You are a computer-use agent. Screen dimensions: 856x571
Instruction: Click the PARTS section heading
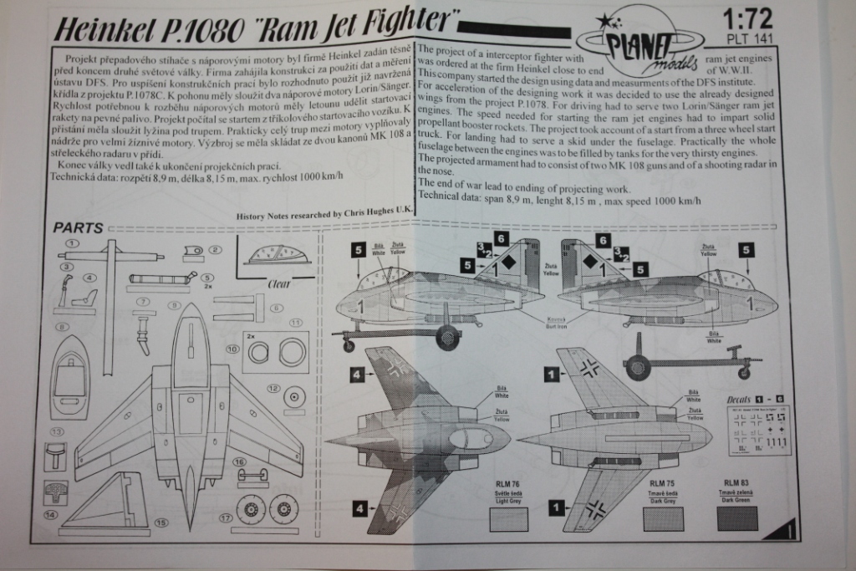[x=79, y=228]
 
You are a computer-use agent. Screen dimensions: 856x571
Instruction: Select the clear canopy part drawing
[x=277, y=254]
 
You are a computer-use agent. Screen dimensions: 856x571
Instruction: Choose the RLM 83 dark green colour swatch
[x=737, y=518]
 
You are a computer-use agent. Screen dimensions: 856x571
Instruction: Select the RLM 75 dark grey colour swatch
[x=663, y=519]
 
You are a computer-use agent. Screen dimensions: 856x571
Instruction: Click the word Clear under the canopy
[x=278, y=284]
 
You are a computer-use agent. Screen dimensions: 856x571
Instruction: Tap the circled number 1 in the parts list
[x=72, y=242]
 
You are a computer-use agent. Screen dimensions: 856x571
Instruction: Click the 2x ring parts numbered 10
[x=276, y=352]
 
